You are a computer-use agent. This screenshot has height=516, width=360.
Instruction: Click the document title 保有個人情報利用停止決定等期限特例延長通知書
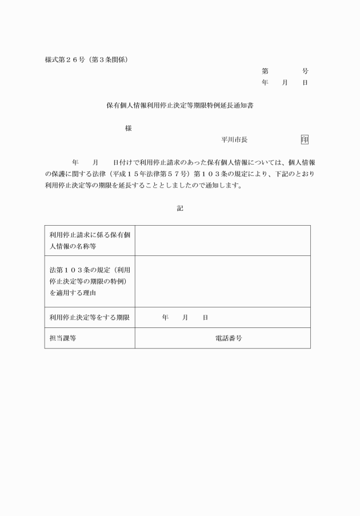click(x=180, y=106)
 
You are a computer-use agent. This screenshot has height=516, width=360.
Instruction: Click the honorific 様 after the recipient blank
click(x=128, y=129)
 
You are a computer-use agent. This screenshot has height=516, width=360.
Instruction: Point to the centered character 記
click(x=180, y=209)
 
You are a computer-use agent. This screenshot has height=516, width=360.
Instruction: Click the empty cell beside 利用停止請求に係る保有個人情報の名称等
click(x=223, y=241)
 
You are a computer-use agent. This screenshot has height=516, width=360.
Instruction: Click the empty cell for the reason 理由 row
click(x=223, y=281)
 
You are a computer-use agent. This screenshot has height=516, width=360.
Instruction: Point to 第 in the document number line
click(x=265, y=71)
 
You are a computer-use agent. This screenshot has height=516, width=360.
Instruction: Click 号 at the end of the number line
click(x=305, y=71)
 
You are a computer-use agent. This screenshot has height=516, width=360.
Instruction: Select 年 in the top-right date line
click(x=265, y=83)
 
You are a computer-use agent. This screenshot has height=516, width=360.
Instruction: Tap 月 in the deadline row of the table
click(x=185, y=317)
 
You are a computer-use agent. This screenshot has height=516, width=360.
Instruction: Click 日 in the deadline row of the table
click(x=205, y=317)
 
